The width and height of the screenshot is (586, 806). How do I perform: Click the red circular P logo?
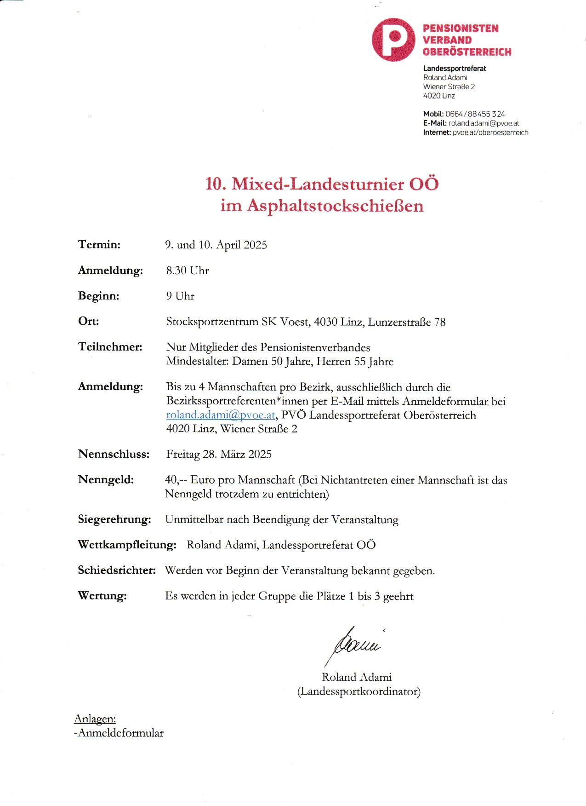click(x=393, y=40)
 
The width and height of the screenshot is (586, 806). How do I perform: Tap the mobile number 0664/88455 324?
click(x=475, y=114)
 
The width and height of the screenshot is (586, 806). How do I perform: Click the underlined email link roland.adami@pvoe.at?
click(x=221, y=415)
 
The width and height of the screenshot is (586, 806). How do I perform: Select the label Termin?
click(x=99, y=244)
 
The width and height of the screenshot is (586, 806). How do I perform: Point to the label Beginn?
click(x=98, y=296)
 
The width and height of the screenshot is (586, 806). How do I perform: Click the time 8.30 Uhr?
click(x=188, y=271)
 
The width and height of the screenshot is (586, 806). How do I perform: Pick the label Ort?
click(x=88, y=321)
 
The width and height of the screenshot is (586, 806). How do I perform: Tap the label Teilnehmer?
click(x=110, y=347)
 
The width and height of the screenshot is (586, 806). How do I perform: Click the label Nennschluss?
click(x=114, y=454)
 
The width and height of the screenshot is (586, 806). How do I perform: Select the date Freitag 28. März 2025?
click(x=219, y=455)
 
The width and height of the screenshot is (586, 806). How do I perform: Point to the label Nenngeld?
click(x=106, y=480)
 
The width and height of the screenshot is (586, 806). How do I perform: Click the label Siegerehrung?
click(x=114, y=519)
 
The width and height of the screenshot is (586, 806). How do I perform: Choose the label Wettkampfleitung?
click(x=127, y=545)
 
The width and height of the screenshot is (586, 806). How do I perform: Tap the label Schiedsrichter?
click(x=117, y=570)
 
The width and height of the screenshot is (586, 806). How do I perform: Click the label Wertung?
click(x=102, y=596)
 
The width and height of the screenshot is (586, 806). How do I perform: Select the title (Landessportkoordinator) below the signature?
click(x=358, y=691)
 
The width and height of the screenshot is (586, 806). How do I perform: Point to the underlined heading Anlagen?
click(x=95, y=719)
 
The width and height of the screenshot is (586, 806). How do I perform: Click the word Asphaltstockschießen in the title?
click(x=335, y=206)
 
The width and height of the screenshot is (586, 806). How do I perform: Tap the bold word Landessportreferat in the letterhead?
click(x=454, y=69)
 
